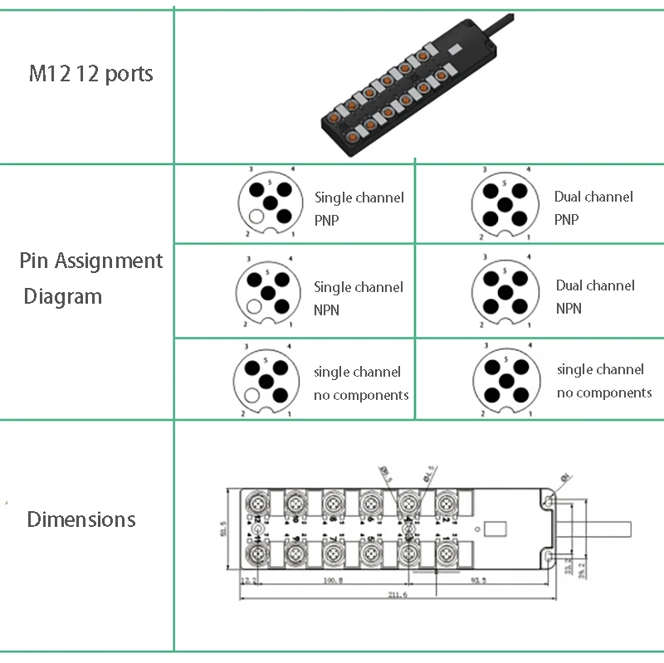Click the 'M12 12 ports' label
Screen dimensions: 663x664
click(x=91, y=74)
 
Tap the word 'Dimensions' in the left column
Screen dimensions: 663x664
click(x=81, y=519)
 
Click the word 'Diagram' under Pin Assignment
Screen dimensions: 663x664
click(x=63, y=296)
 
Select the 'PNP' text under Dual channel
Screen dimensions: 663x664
click(x=567, y=220)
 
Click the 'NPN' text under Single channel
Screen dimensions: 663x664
click(x=326, y=310)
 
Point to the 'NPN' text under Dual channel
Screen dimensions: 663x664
click(x=569, y=308)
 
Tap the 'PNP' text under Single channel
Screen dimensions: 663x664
click(x=326, y=221)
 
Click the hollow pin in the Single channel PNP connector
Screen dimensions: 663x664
click(x=256, y=217)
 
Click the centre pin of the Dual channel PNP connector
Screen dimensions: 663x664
click(x=501, y=202)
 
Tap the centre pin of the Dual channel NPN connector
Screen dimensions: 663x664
click(x=501, y=292)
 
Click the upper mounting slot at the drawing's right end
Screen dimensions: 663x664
click(x=548, y=501)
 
